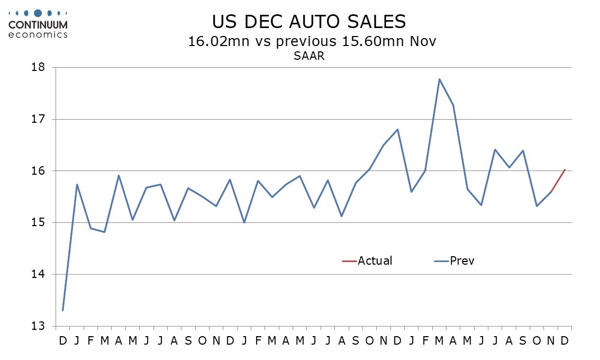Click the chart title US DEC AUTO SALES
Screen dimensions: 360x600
tap(309, 22)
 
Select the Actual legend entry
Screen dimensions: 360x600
tap(368, 260)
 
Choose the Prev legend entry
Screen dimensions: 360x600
tap(454, 260)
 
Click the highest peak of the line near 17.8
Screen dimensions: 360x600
tap(439, 79)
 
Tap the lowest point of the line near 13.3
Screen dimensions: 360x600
tap(63, 310)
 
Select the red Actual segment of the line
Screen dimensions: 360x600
tap(558, 181)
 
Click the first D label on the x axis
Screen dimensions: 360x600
tap(63, 340)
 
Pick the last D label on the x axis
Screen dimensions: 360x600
tap(565, 340)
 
